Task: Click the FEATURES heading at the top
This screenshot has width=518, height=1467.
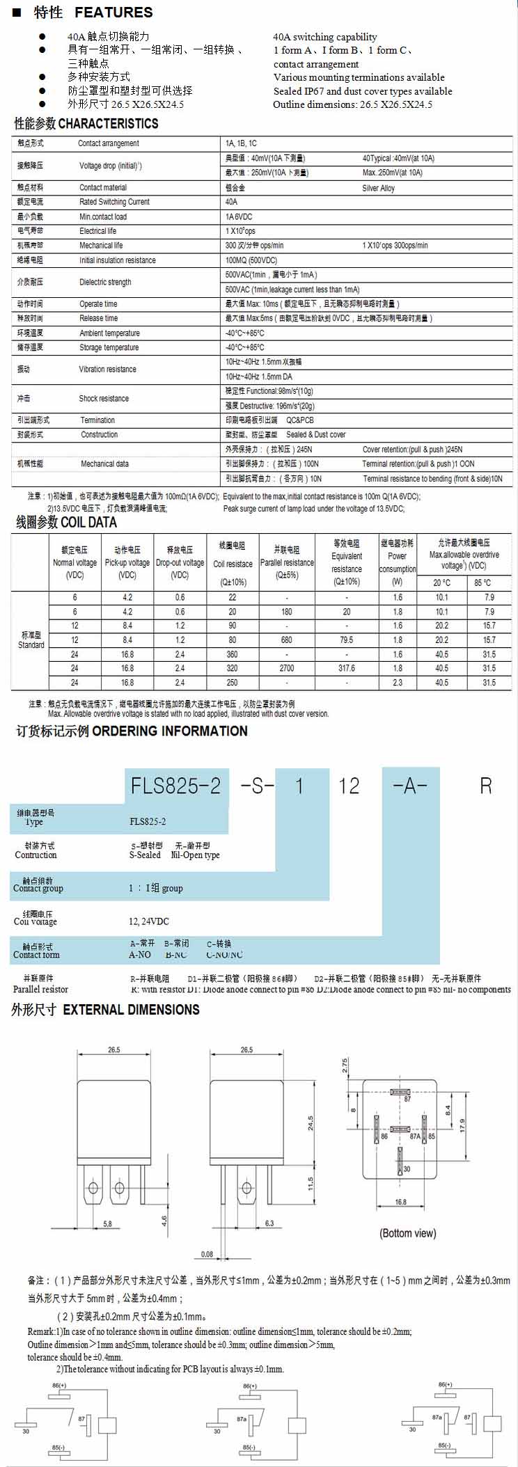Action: point(113,13)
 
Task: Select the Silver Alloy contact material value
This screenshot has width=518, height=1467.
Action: point(378,188)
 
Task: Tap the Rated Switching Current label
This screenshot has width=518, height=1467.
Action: point(114,202)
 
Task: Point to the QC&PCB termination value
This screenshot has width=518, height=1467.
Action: point(300,420)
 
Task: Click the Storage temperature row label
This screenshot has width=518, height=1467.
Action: point(109,347)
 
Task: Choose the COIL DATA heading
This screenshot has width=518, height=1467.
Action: point(88,522)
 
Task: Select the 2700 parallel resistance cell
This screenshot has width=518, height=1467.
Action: point(287,668)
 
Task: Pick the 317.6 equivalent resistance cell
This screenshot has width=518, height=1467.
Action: point(347,668)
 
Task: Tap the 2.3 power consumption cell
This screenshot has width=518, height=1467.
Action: point(398,683)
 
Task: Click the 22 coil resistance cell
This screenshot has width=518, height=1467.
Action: point(233,597)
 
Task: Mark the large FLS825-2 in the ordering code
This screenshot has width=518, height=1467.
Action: point(175,786)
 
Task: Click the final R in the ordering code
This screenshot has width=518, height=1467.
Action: point(485,786)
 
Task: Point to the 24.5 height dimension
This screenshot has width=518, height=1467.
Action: point(311,1123)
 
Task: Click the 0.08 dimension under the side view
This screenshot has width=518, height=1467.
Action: point(207,1254)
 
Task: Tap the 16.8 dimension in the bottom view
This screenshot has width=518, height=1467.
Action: point(400,1202)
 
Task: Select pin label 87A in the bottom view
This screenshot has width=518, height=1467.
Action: point(415,1136)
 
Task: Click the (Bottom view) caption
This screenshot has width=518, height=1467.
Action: point(408,1233)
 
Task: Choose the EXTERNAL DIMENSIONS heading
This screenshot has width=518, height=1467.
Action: point(131,1010)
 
